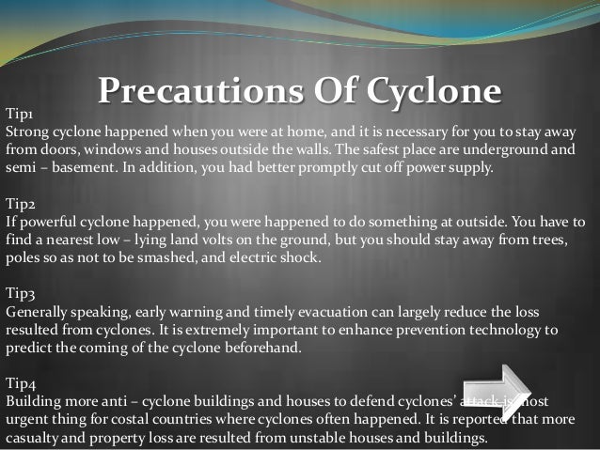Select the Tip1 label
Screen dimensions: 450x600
pos(21,113)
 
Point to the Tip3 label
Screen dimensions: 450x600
pos(22,292)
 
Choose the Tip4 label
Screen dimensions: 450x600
pos(22,382)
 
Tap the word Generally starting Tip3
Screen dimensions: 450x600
pos(38,311)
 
